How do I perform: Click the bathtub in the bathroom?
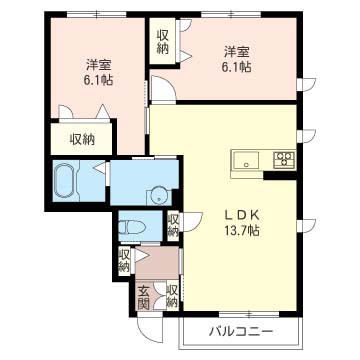(x=66, y=181)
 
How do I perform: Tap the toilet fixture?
(x=132, y=228)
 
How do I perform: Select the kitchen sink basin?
(x=246, y=160)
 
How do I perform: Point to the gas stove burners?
(x=284, y=159)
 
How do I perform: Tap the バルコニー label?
(x=241, y=332)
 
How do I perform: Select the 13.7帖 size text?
(x=242, y=231)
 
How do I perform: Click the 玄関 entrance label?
(x=143, y=298)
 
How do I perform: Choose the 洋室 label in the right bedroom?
(x=237, y=52)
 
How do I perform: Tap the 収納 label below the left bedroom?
(x=82, y=139)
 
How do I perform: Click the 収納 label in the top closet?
(x=162, y=42)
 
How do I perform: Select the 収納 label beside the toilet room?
(x=172, y=225)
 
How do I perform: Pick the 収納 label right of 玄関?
(x=172, y=296)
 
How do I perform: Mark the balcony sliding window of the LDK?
(x=249, y=314)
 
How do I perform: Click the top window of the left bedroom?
(x=97, y=14)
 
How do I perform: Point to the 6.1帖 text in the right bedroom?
(x=236, y=67)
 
